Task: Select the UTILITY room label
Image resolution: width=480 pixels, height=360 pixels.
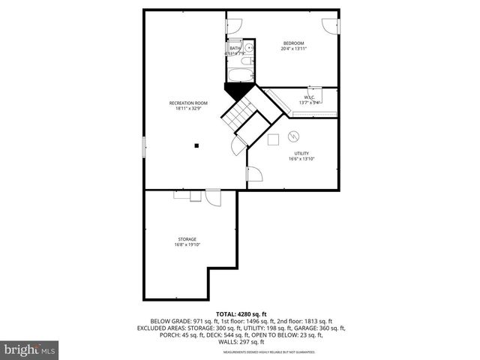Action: tap(301, 153)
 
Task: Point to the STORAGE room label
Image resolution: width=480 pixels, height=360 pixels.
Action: tap(187, 239)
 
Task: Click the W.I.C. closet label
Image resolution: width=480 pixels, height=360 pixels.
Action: tap(310, 97)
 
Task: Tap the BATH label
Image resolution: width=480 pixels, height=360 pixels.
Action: tap(235, 48)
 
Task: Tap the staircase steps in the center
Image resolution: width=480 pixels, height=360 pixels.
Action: tap(240, 116)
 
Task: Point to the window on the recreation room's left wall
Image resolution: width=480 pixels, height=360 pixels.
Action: tap(144, 147)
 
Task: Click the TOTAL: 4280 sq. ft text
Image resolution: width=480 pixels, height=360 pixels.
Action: tap(241, 313)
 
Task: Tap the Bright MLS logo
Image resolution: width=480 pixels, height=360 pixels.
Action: tap(30, 350)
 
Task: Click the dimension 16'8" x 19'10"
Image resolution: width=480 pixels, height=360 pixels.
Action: tap(187, 244)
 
